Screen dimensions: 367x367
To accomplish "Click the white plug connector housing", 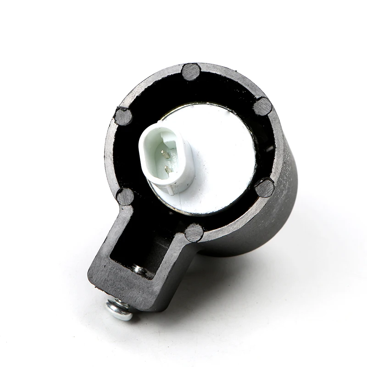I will click(x=151, y=138).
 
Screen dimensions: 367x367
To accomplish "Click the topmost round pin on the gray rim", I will click(x=190, y=72).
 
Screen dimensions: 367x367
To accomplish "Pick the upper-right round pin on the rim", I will click(x=262, y=106).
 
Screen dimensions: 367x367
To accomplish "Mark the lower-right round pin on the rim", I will click(x=265, y=188).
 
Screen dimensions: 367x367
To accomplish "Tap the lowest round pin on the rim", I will click(x=194, y=233).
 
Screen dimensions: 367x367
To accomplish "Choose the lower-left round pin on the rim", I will click(x=125, y=196).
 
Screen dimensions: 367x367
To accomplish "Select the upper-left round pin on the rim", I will click(x=123, y=116).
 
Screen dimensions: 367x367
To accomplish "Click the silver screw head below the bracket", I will click(x=119, y=308).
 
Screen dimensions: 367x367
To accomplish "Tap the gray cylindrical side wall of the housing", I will click(x=280, y=206).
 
